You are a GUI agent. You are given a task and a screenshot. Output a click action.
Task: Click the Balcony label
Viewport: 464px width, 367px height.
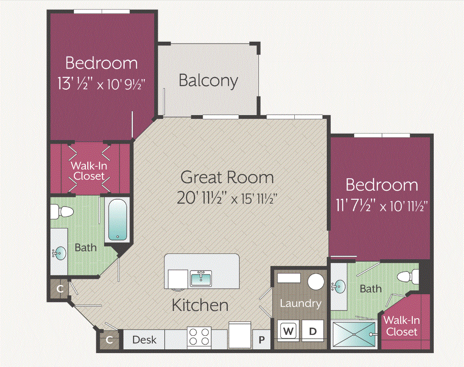[208, 80]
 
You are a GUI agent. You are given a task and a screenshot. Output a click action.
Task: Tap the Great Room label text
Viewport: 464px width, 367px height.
[227, 177]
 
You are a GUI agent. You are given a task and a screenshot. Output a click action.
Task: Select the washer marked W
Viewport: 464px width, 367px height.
[289, 331]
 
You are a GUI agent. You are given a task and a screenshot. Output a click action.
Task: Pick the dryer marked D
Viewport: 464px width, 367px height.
[313, 331]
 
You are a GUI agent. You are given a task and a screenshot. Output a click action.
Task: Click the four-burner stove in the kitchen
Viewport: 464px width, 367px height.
[199, 336]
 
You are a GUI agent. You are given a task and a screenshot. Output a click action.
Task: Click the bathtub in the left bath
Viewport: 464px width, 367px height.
[117, 220]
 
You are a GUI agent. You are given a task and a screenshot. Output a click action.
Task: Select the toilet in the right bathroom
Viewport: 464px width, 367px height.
[409, 276]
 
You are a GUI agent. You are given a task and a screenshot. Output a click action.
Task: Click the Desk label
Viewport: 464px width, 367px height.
[144, 340]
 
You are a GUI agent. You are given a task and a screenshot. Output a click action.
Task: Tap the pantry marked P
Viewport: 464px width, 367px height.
[262, 340]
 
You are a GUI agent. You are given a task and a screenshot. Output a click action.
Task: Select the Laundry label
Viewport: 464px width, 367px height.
[300, 303]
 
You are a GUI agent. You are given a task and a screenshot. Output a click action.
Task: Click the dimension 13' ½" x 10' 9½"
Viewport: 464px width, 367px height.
[101, 84]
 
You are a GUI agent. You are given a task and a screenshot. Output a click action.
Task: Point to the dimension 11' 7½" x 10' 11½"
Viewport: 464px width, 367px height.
[382, 206]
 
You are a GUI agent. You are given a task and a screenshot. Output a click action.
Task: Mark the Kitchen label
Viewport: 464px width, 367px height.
[200, 305]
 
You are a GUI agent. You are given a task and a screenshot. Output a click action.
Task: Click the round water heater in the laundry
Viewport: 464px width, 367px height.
[315, 282]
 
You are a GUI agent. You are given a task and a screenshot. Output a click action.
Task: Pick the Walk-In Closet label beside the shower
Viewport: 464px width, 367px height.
[402, 325]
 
